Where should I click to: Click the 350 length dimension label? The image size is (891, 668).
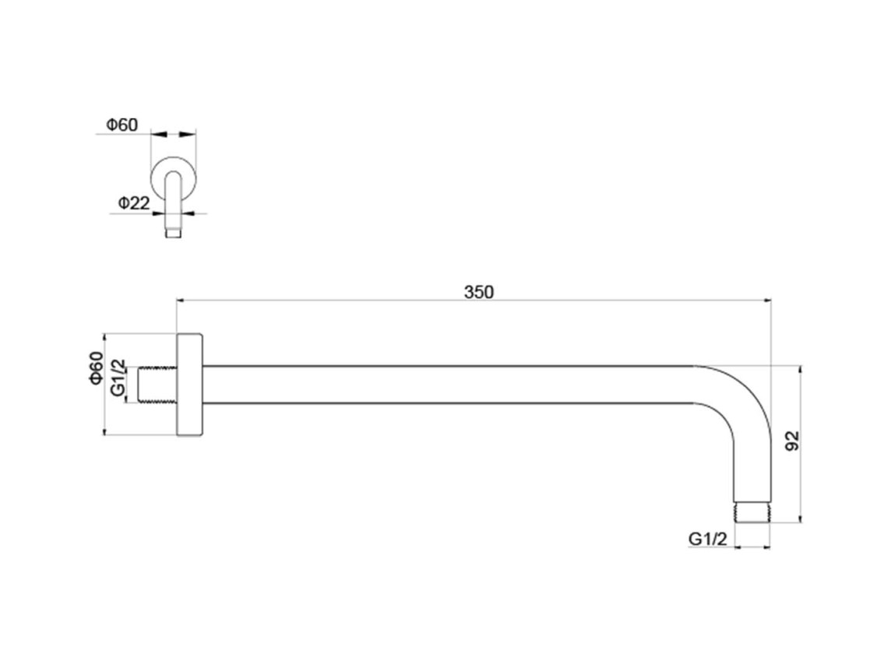pyautogui.click(x=478, y=292)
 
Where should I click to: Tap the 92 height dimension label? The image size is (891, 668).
pyautogui.click(x=791, y=441)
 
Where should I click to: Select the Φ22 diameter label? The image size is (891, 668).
pyautogui.click(x=133, y=202)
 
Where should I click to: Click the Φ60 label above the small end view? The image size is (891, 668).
pyautogui.click(x=121, y=125)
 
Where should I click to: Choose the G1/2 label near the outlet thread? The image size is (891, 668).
pyautogui.click(x=707, y=539)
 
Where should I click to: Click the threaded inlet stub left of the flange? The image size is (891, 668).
pyautogui.click(x=158, y=385)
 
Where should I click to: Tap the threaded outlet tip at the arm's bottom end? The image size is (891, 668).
pyautogui.click(x=752, y=512)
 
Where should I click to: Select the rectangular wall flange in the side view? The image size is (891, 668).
pyautogui.click(x=190, y=385)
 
